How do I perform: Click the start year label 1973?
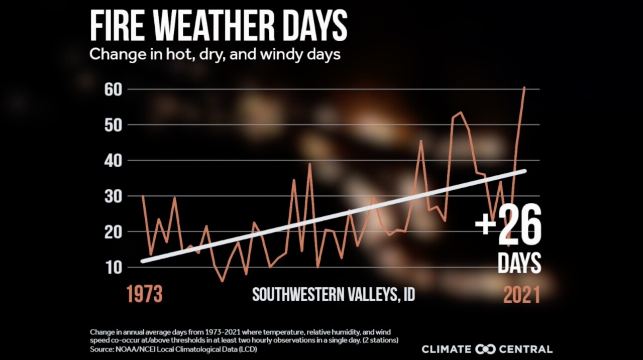click(145, 294)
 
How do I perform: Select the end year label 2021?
click(521, 294)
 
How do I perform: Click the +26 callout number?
click(508, 224)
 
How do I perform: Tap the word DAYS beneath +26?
click(519, 263)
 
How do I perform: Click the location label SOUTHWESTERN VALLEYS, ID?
click(334, 294)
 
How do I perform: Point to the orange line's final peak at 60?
click(524, 88)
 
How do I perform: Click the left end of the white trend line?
click(143, 261)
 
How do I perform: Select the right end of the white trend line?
click(524, 171)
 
